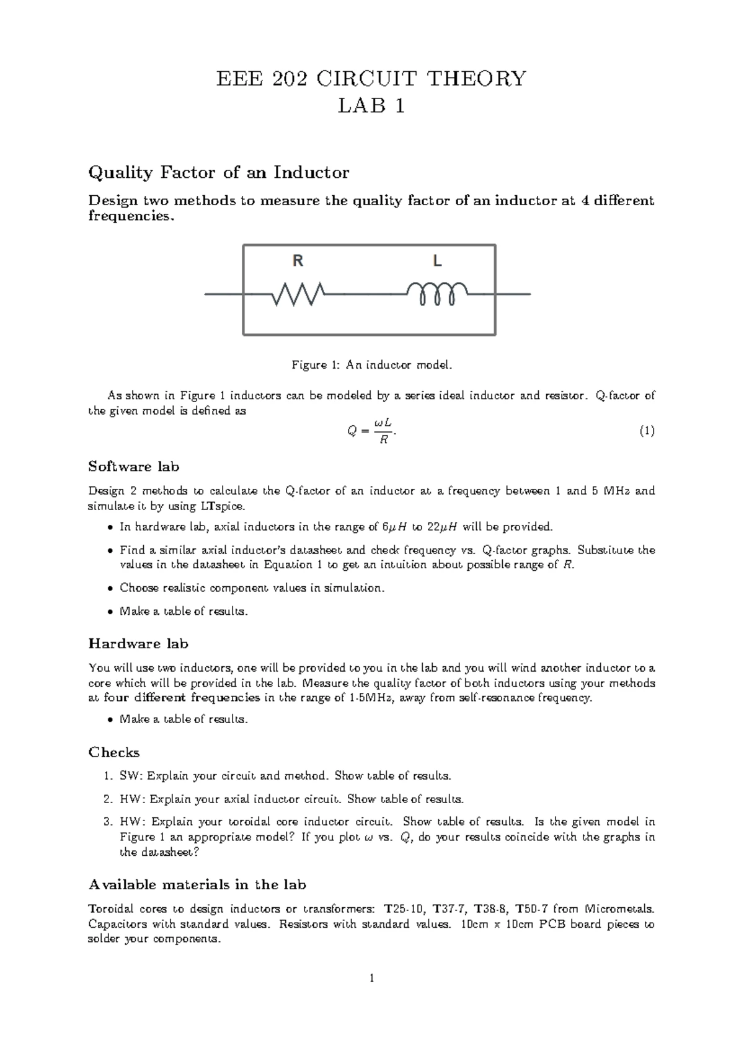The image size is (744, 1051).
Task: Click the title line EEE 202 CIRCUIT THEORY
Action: pos(371,79)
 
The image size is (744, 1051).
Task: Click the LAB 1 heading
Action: pos(371,107)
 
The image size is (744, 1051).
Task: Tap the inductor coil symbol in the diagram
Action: pos(437,293)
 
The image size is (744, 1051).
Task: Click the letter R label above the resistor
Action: pos(298,262)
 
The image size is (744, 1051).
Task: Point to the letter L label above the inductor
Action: pos(437,262)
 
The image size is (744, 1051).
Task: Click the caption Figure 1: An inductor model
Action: pos(372,365)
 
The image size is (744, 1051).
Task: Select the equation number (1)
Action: pos(646,431)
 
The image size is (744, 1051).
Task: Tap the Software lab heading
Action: pos(134,466)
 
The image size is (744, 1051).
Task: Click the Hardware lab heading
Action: pos(138,644)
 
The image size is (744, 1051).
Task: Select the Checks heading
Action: pos(113,752)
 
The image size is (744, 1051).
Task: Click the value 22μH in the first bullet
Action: pos(443,527)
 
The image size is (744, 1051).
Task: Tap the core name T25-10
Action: pos(404,909)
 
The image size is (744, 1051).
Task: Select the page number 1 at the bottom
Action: pos(371,978)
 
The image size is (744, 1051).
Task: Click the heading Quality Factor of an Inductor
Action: pos(219,172)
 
